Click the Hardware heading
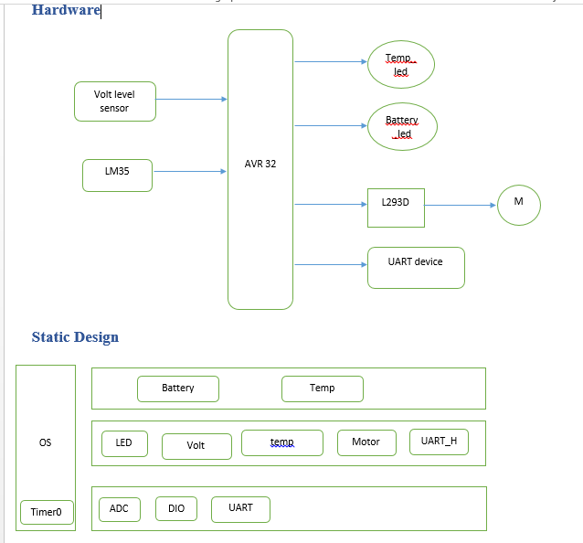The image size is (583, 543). click(x=66, y=10)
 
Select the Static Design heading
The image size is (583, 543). click(x=75, y=337)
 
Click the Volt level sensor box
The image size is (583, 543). click(x=115, y=101)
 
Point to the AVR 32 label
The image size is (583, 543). click(x=260, y=165)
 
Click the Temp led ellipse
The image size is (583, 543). click(x=400, y=65)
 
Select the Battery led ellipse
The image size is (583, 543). click(x=402, y=126)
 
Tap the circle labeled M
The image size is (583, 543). click(x=519, y=205)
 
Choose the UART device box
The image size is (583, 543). click(x=416, y=267)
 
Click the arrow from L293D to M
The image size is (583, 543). click(x=461, y=205)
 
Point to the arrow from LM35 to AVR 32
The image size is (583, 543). click(x=189, y=171)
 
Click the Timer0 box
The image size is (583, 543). click(x=47, y=512)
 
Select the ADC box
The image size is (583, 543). click(x=120, y=508)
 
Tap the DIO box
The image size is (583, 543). click(x=176, y=508)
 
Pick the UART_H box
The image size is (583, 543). click(x=439, y=442)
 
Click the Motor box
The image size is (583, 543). click(x=366, y=442)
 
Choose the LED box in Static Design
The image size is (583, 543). click(x=124, y=443)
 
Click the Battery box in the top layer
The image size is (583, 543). click(x=178, y=389)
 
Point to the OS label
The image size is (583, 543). click(x=46, y=442)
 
